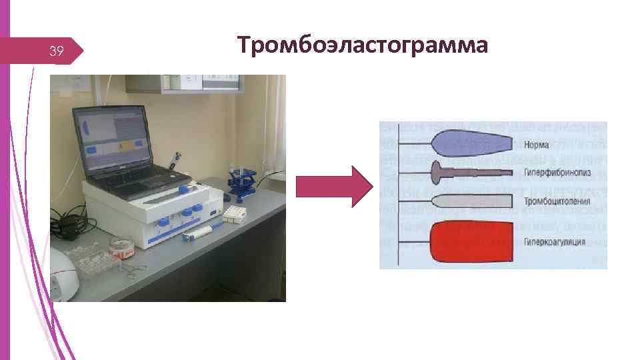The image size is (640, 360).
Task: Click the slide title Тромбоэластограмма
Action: [362, 45]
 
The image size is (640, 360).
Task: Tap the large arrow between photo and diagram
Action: [333, 186]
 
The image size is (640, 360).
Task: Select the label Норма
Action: [537, 143]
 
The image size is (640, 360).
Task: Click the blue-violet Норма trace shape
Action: [470, 143]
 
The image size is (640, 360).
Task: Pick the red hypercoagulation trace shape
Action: [470, 241]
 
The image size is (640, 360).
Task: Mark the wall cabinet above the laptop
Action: [183, 83]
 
